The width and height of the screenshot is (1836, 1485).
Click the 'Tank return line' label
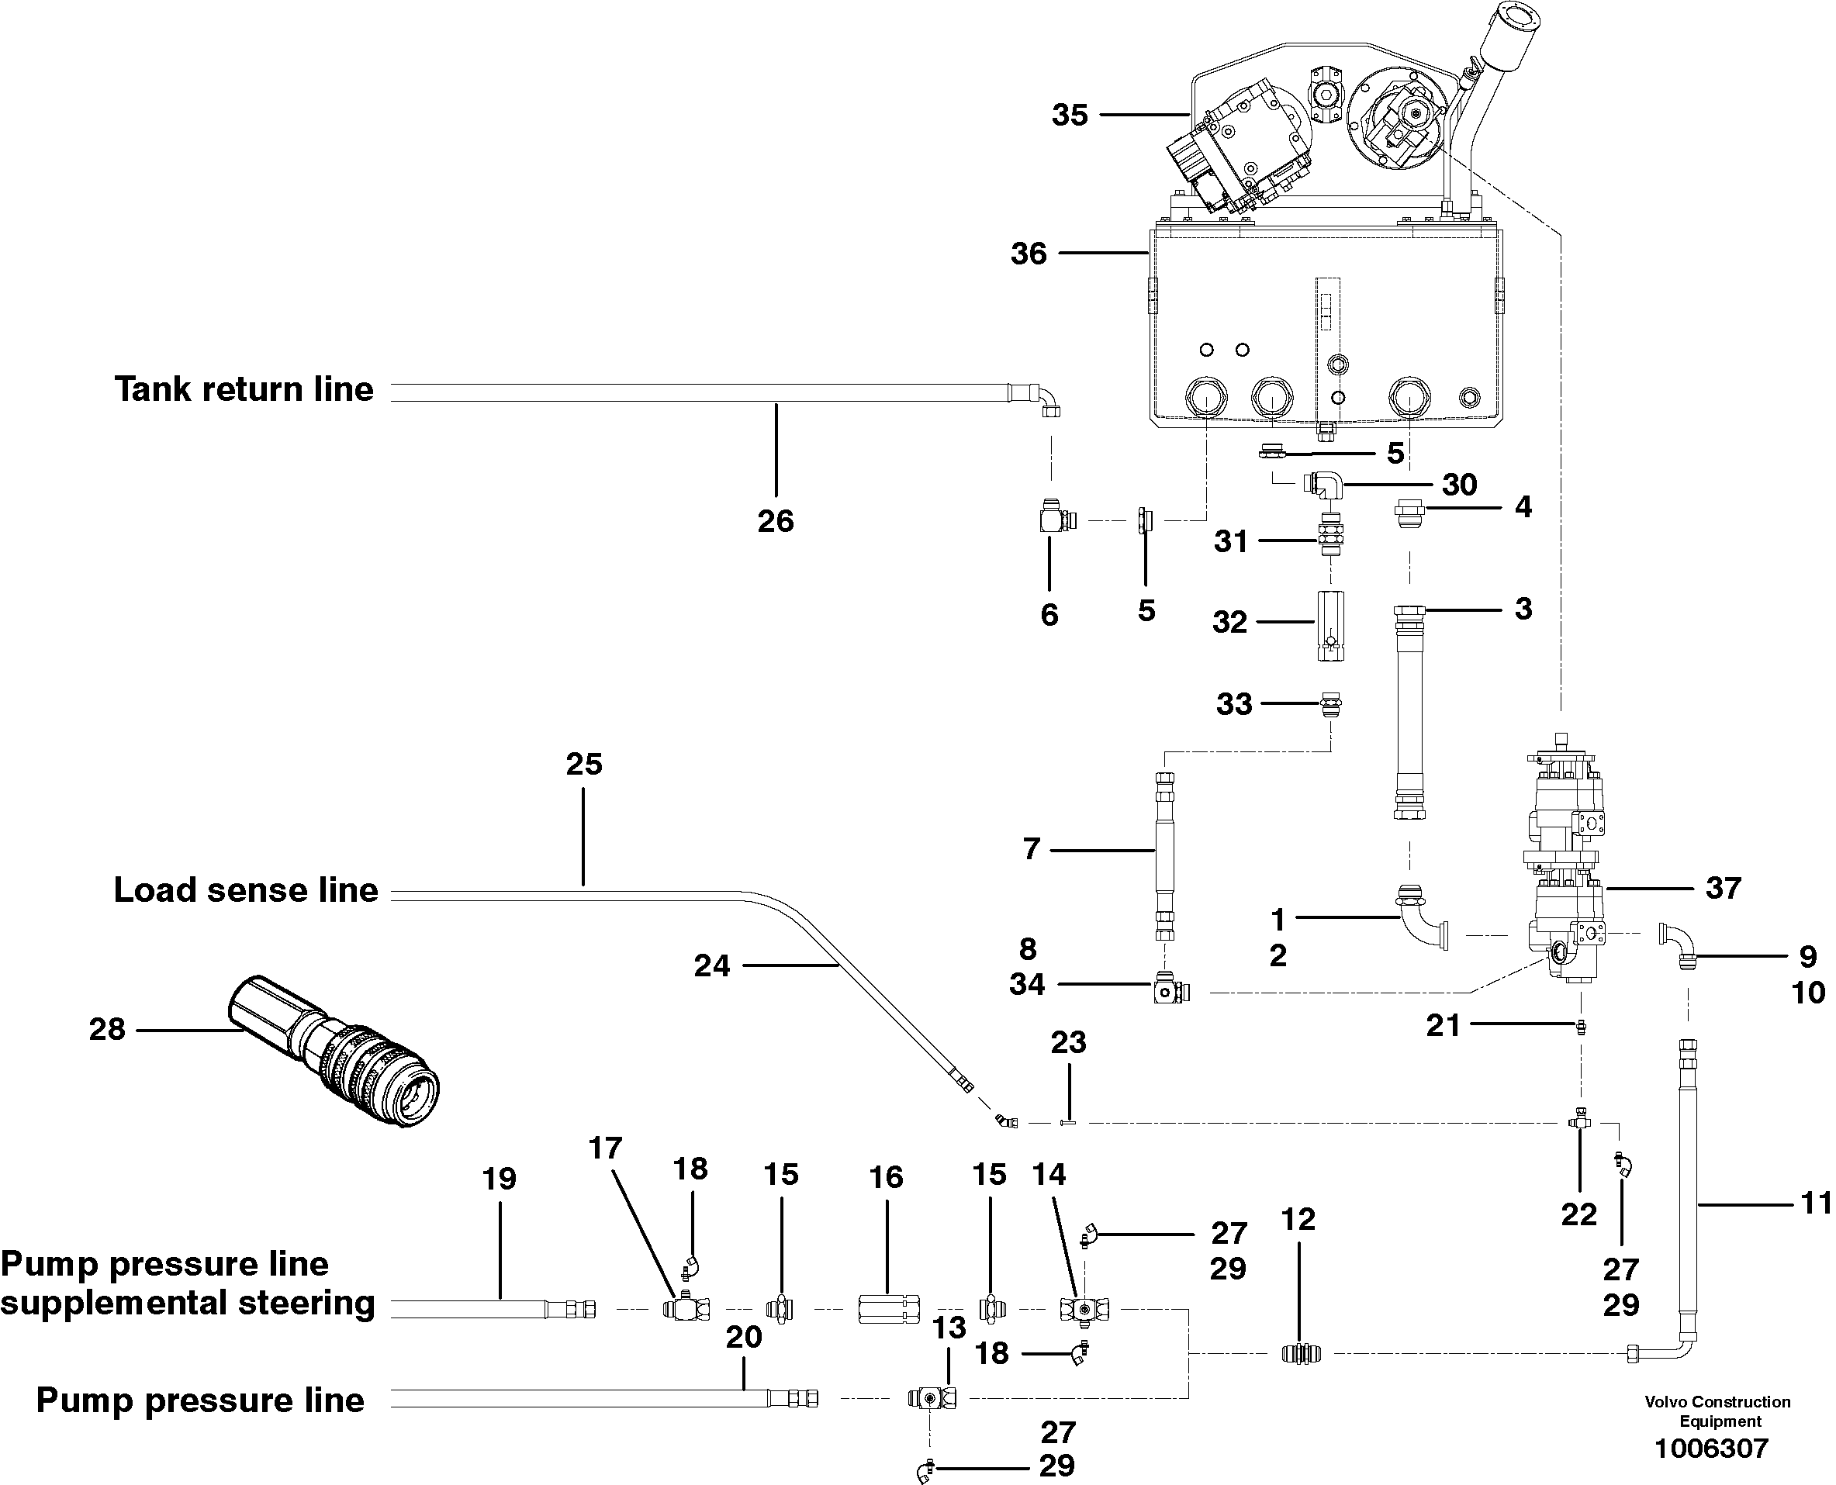click(x=244, y=389)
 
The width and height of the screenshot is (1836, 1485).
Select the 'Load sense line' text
click(x=246, y=890)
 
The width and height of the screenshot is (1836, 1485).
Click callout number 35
click(x=1070, y=115)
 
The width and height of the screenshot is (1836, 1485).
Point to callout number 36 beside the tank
click(x=1029, y=254)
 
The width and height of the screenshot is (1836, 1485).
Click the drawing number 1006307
click(x=1711, y=1449)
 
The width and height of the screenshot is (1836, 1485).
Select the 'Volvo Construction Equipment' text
click(x=1717, y=1411)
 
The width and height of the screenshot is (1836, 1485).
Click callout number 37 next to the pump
click(x=1723, y=888)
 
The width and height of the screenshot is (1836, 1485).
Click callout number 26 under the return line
click(x=775, y=520)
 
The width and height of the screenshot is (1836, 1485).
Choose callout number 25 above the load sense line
click(x=583, y=764)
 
